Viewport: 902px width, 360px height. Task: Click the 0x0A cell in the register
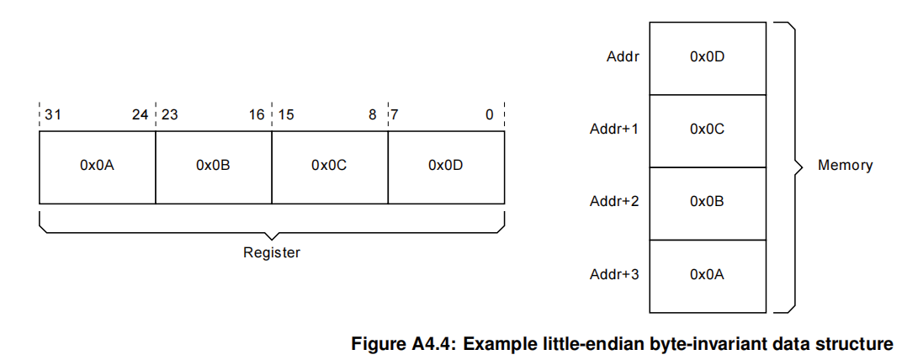pos(97,166)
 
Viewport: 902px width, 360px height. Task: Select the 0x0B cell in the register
pos(213,166)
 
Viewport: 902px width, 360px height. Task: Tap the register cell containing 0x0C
pos(329,166)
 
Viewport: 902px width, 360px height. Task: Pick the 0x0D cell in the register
pos(446,166)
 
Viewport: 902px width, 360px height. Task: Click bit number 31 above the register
pos(53,114)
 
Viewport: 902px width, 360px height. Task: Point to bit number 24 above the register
pos(141,114)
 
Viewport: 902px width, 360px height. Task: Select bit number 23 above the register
pos(170,114)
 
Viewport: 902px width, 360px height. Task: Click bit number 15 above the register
pos(286,114)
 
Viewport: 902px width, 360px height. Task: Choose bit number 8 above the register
pos(372,114)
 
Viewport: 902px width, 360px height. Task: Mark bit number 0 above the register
pos(490,114)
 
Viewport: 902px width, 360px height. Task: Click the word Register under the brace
pos(272,252)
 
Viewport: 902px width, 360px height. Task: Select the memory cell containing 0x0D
pos(707,57)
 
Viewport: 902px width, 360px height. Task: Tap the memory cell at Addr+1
pos(707,130)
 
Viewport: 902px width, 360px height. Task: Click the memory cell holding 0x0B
pos(707,202)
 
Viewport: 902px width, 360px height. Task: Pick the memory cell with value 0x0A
pos(707,274)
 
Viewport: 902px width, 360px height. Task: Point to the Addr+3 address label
pos(614,274)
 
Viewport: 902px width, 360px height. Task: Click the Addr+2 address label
pos(614,202)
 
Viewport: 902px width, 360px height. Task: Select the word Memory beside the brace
pos(845,166)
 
